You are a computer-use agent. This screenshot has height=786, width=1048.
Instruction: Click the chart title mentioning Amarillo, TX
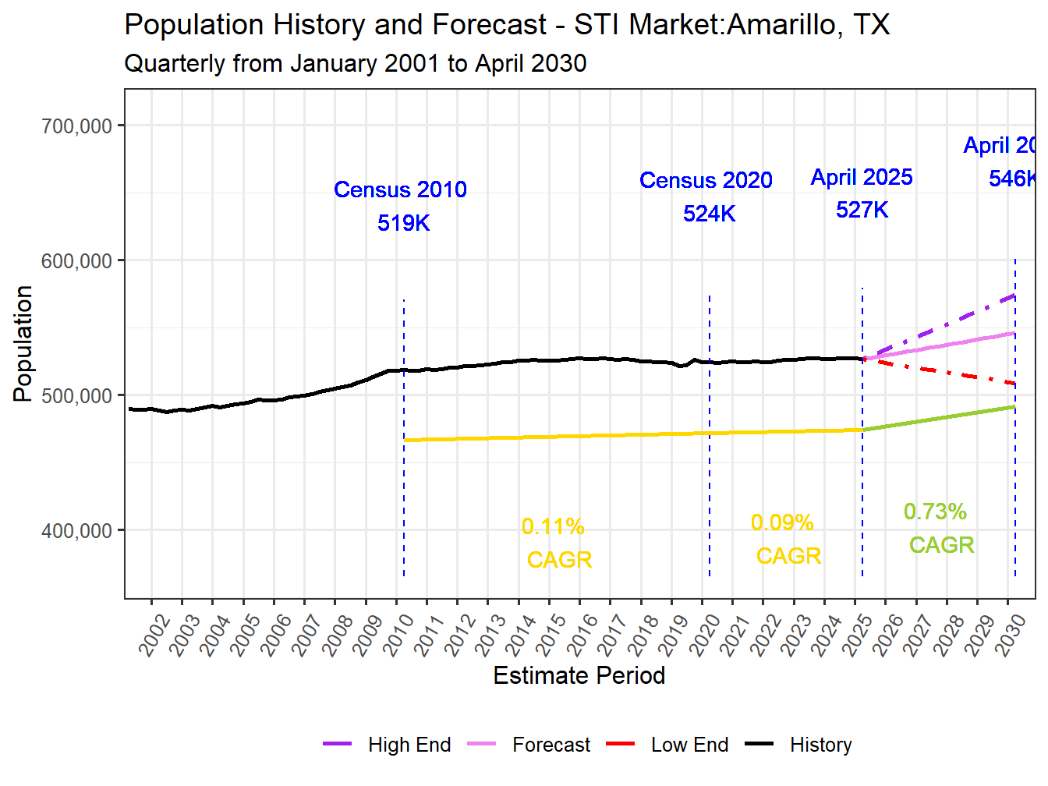507,25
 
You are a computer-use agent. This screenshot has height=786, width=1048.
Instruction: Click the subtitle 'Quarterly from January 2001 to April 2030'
355,63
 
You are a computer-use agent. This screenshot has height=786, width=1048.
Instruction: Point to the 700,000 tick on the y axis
76,126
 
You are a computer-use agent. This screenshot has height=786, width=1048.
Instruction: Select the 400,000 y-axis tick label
76,531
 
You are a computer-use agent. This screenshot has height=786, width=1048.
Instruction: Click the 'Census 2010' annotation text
400,189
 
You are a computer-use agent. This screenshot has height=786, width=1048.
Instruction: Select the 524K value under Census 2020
709,214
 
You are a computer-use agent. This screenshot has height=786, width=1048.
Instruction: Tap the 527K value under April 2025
862,210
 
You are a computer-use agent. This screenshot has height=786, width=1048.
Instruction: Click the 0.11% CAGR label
553,527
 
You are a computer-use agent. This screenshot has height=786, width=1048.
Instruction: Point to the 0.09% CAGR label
782,522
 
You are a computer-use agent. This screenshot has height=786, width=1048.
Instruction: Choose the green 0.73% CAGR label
935,512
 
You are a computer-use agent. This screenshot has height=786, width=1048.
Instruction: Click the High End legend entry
409,745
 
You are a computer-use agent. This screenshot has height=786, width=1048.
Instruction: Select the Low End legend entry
689,745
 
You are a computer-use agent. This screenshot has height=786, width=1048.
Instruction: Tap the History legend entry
820,745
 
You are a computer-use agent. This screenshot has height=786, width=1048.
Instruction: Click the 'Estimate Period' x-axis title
579,675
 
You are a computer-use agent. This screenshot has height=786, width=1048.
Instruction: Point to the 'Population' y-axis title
23,343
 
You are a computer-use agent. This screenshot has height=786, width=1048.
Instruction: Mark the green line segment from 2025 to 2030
936,418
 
